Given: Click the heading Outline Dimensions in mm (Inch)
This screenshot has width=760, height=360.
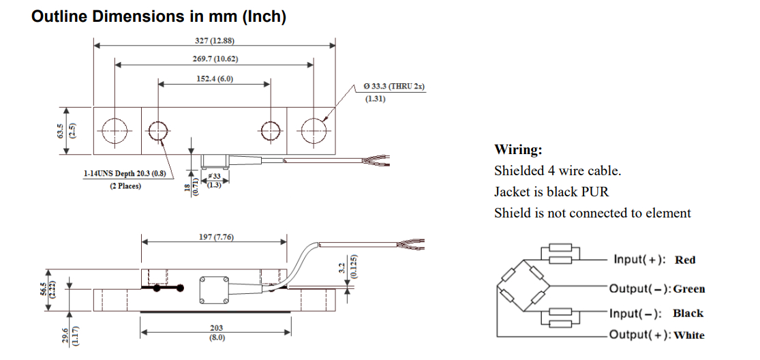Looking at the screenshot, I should (159, 17).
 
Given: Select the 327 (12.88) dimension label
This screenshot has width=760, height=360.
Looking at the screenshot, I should (215, 40).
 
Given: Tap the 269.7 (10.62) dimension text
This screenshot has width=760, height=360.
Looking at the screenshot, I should (215, 59).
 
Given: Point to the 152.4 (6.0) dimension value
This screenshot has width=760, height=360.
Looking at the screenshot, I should (215, 78).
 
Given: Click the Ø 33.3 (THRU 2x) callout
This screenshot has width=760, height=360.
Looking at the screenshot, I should (394, 87).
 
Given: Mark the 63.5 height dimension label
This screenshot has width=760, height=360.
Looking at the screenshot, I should (61, 130).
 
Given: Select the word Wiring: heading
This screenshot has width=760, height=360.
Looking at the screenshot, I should (518, 149).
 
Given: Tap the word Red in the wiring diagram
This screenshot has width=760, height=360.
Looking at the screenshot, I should (684, 260).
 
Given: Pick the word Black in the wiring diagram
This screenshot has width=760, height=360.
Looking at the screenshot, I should (687, 314).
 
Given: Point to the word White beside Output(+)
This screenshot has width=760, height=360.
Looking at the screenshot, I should (689, 335).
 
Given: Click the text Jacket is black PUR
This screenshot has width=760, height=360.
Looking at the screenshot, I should (551, 192).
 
